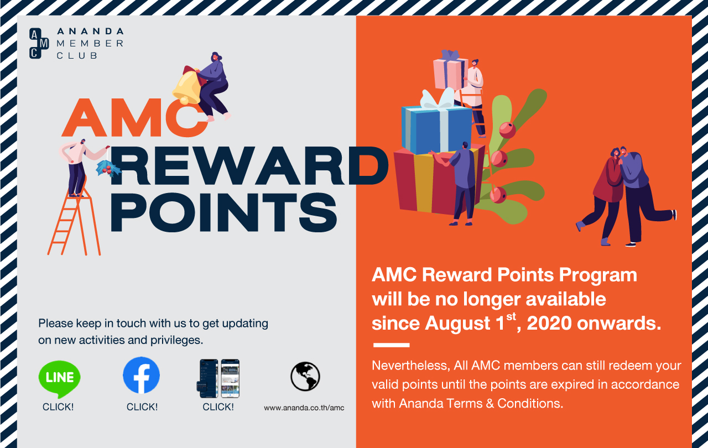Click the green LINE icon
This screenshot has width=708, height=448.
(59, 379)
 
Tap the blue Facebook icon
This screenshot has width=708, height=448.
(141, 375)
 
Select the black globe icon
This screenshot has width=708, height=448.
(305, 376)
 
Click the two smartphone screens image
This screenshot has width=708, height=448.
(218, 378)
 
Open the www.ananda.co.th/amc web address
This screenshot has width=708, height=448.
(304, 408)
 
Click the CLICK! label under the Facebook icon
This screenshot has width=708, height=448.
(142, 407)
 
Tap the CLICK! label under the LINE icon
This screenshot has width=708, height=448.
(58, 407)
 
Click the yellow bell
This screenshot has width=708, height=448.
(188, 86)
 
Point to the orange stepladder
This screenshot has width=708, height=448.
(74, 221)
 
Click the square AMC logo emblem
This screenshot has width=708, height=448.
(39, 43)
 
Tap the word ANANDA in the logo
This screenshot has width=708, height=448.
(90, 32)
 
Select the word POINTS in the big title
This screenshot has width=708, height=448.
(223, 212)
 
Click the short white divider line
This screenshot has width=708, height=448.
(391, 345)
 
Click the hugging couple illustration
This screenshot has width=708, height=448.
(626, 196)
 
